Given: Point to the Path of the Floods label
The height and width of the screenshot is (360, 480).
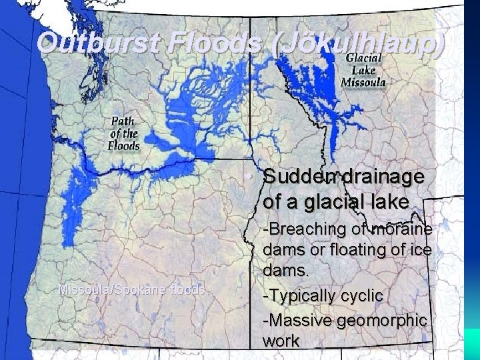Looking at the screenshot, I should coord(124,133).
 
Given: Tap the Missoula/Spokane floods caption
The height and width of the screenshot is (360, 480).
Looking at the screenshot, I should coord(131,289).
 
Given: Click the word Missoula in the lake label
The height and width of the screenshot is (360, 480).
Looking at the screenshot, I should coord(363,83).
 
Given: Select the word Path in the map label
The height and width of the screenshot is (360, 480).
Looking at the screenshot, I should coord(123,121).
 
